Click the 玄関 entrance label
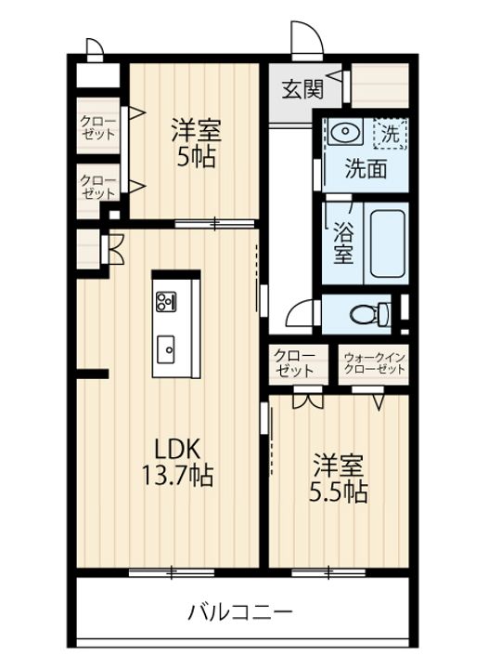pos(302,89)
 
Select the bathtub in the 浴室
pos(389,244)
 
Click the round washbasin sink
pos(343,133)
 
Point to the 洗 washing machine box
pos(391,134)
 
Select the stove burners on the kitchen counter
pos(167,300)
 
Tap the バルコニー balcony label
pos(240,612)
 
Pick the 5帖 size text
pos(197,156)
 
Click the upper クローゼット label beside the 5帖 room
pos(97,126)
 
